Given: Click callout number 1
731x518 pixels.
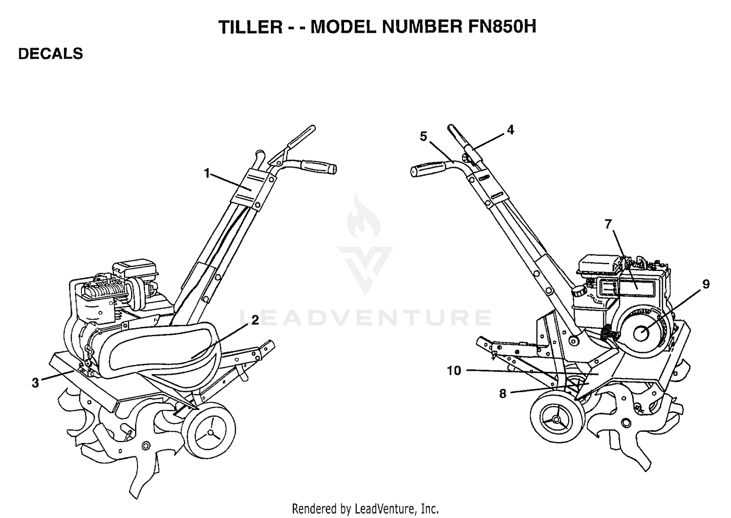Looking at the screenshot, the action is tap(207, 173).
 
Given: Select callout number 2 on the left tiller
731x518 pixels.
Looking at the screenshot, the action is tap(255, 320).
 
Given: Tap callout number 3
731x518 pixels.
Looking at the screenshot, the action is tap(35, 383).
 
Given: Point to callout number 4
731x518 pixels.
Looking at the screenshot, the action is tap(510, 130).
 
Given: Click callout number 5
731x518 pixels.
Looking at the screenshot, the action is tap(423, 136).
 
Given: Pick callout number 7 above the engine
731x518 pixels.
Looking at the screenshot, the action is tap(608, 224).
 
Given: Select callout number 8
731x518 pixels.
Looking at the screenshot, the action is tap(503, 394).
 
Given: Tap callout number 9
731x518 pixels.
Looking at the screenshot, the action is tap(706, 284).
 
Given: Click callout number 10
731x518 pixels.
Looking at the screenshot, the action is tap(454, 371).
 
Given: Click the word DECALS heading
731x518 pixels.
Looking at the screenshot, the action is tap(51, 54).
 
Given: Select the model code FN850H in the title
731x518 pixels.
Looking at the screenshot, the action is tap(502, 26).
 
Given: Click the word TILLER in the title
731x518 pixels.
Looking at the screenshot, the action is tap(250, 27).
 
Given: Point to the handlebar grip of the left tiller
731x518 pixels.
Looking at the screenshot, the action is tap(319, 167).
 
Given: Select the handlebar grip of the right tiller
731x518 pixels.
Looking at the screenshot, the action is tap(427, 169).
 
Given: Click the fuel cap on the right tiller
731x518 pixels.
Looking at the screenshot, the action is tap(579, 290).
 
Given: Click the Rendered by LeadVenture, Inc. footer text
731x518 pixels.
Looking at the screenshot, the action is tap(365, 509).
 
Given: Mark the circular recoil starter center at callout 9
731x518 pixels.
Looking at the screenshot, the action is tap(641, 334).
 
